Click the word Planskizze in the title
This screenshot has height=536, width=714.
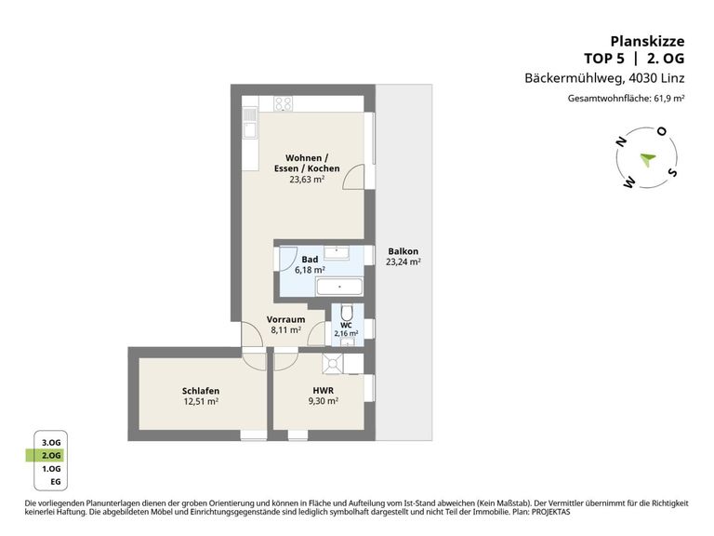(647, 41)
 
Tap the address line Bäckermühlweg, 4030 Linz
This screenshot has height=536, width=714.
(604, 78)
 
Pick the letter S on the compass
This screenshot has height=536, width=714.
(673, 172)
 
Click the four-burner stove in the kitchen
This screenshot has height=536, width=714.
(284, 104)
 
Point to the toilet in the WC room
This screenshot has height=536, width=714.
(347, 313)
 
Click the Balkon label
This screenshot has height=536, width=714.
(403, 251)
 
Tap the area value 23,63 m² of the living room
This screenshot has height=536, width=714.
(306, 181)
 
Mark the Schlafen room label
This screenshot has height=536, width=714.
(200, 390)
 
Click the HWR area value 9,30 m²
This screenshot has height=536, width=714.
(324, 402)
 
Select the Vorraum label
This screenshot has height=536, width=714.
(285, 319)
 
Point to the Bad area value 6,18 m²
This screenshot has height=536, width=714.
(310, 270)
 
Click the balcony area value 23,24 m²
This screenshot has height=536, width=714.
(403, 263)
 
